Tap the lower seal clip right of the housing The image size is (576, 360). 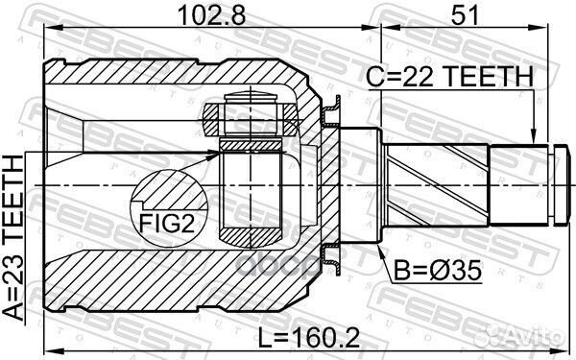[x=332, y=252]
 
